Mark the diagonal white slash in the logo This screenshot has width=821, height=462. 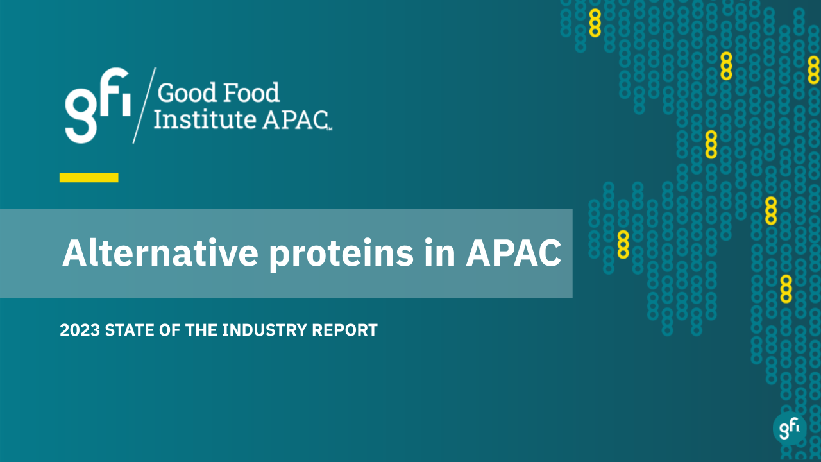tap(144, 105)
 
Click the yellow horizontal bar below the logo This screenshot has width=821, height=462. tap(89, 178)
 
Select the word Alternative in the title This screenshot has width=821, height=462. tap(160, 253)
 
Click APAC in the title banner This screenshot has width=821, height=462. tap(513, 253)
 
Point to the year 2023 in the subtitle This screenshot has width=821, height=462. tap(80, 330)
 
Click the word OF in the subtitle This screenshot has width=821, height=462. tap(169, 330)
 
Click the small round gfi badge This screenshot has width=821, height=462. tap(790, 428)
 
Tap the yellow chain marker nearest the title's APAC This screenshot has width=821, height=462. tap(623, 244)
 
